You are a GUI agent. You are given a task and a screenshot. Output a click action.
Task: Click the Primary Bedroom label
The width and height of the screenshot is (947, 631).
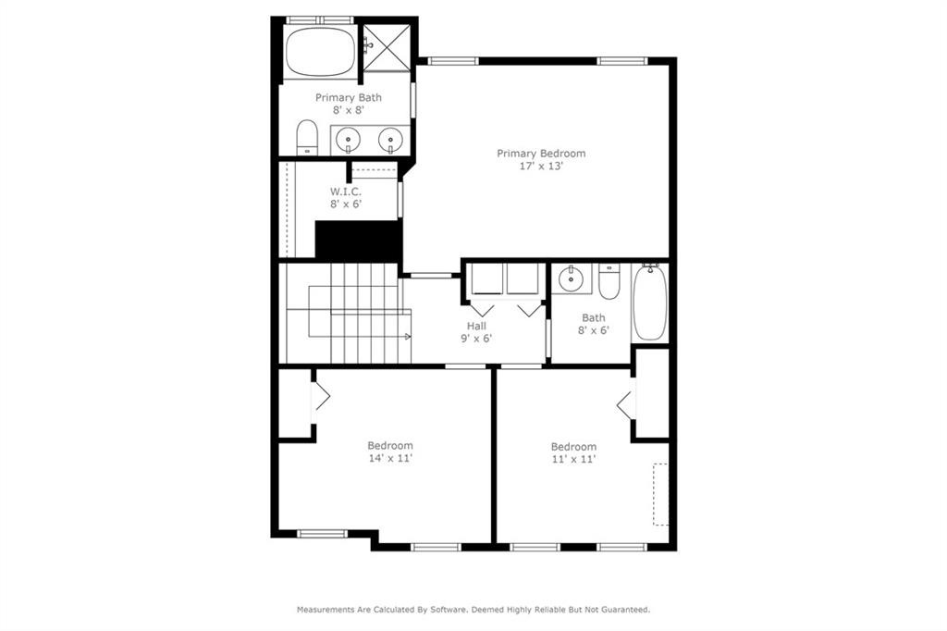click(x=541, y=154)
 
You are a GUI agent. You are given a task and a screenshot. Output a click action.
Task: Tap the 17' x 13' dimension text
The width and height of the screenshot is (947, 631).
click(x=541, y=167)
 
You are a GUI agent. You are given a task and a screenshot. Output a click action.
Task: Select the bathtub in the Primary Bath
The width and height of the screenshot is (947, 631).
click(x=320, y=52)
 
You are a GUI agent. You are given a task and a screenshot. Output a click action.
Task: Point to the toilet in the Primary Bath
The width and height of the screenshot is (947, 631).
click(x=307, y=139)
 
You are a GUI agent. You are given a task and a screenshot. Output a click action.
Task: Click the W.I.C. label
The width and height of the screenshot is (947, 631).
click(x=345, y=192)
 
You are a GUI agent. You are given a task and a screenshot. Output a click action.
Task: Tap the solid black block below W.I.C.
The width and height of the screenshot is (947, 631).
click(x=359, y=241)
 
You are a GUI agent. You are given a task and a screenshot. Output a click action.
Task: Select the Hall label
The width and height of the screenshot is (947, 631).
click(x=476, y=326)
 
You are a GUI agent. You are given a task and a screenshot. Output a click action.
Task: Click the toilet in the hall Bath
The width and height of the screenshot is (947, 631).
click(x=609, y=283)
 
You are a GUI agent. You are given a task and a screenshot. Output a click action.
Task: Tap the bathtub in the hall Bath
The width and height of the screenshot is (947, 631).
click(x=649, y=303)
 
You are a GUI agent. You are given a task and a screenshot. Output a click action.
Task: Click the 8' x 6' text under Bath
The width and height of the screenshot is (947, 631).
click(x=594, y=330)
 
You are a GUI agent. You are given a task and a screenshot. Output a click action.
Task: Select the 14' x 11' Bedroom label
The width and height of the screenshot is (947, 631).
click(x=390, y=445)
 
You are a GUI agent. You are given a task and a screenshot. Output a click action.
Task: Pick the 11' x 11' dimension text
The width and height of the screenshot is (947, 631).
click(x=573, y=459)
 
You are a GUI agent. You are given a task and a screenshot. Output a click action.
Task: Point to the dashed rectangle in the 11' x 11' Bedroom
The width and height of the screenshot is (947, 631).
click(x=660, y=494)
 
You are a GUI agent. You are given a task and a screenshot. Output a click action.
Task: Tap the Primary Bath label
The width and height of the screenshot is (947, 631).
click(x=349, y=97)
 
